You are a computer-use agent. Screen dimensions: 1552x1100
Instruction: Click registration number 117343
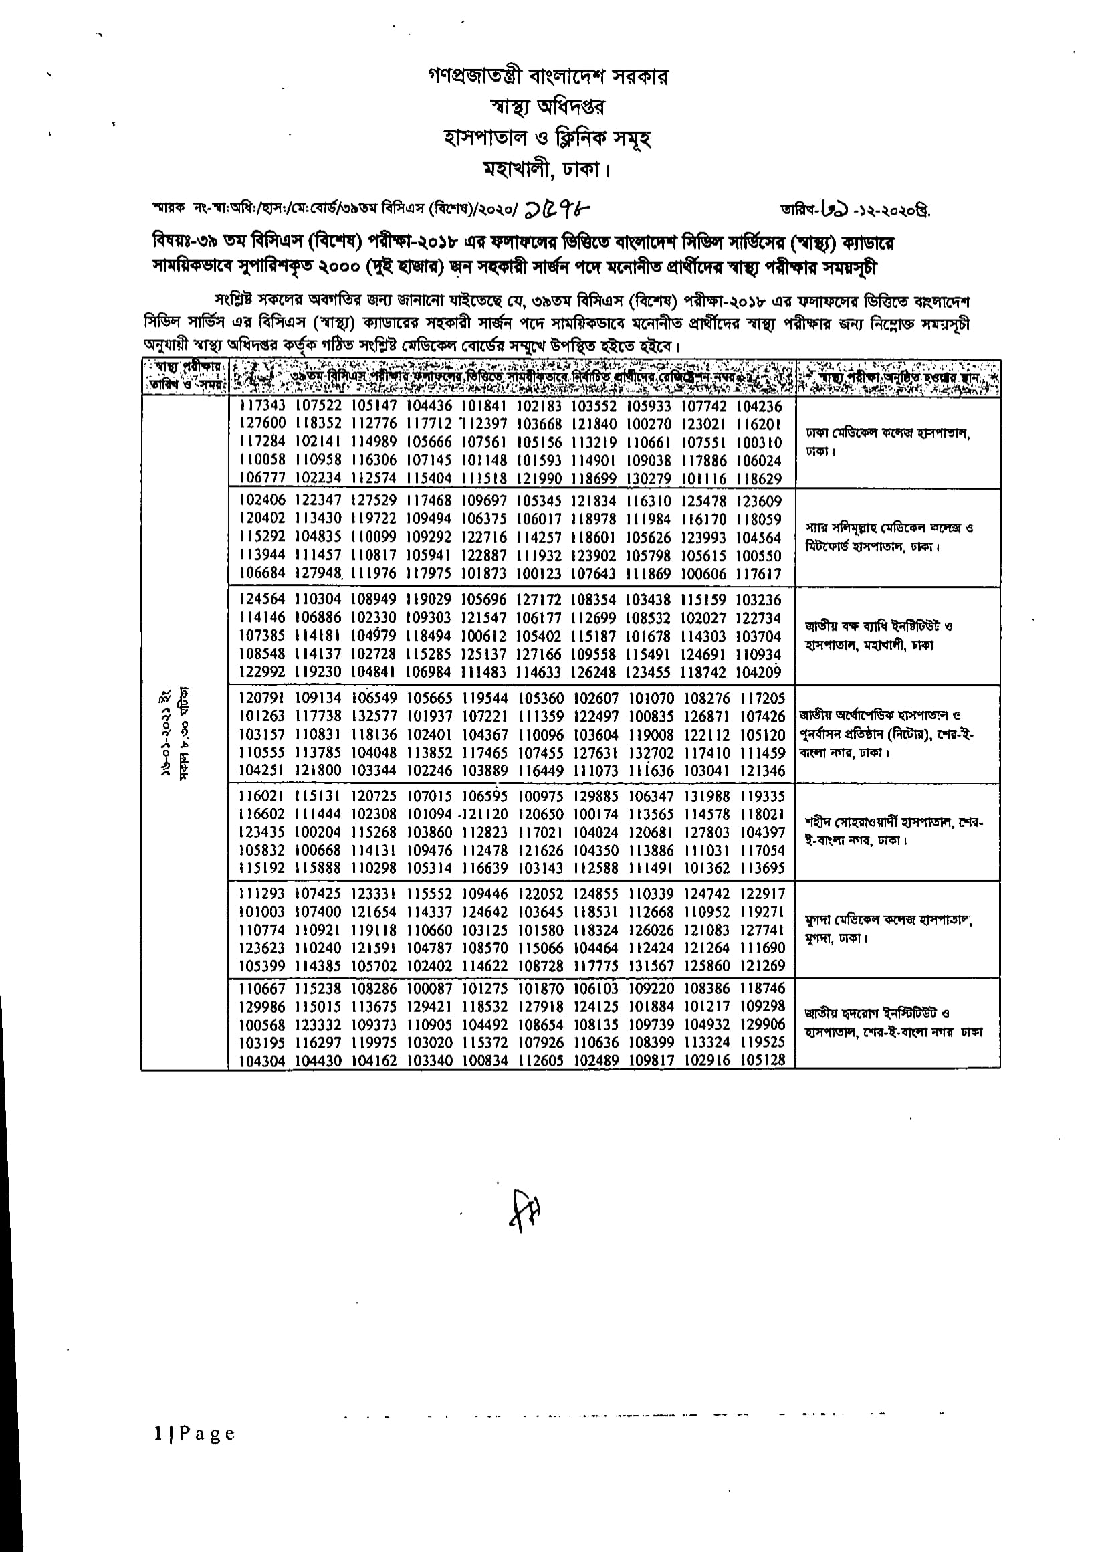pos(262,407)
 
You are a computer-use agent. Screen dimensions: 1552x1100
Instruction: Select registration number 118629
pos(758,479)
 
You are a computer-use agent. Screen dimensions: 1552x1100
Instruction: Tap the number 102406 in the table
pos(262,502)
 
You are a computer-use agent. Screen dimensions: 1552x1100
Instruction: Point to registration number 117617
pos(758,575)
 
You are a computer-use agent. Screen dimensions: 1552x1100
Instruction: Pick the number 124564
pos(262,600)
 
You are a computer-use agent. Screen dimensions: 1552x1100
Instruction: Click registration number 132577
pos(373,716)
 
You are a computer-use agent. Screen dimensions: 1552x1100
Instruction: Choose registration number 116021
pos(262,796)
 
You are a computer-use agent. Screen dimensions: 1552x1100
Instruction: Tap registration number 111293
pos(262,894)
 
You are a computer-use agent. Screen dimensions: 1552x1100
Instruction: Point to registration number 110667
pos(262,989)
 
